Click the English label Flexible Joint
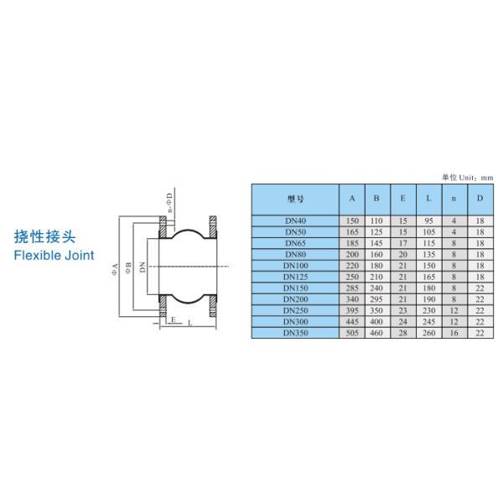pos(54,255)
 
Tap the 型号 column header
pos(294,199)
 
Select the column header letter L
pos(428,199)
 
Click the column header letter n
pos(454,199)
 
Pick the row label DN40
pos(294,220)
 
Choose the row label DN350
pos(294,333)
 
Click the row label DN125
pos(294,277)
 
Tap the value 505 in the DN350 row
pos(352,333)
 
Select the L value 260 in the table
pos(428,333)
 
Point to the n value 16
pos(454,333)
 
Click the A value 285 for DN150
pos(352,288)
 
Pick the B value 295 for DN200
pos(377,299)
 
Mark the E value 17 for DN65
pos(403,243)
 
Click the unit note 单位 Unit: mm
pos(467,178)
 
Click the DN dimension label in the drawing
pos(143,267)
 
